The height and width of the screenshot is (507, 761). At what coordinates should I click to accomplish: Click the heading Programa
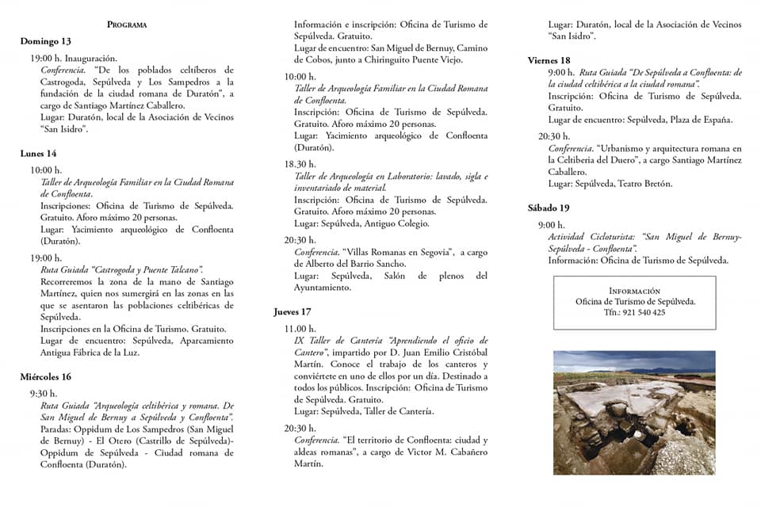(127, 25)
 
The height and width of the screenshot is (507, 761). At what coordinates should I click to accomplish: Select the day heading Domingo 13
(46, 41)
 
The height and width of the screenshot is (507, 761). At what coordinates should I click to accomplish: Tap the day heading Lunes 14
(39, 153)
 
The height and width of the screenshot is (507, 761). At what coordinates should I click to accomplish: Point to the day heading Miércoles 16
(46, 376)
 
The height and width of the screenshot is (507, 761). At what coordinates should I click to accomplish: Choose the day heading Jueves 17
(293, 311)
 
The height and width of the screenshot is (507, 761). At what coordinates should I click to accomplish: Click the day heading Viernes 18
(549, 60)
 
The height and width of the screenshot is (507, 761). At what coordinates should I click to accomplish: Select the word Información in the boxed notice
(634, 291)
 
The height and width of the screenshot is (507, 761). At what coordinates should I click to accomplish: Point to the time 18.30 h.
(300, 164)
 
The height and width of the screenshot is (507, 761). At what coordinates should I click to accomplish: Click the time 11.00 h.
(300, 328)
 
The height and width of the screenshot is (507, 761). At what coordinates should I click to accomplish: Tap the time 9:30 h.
(44, 393)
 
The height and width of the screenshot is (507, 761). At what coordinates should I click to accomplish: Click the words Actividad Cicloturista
(593, 237)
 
